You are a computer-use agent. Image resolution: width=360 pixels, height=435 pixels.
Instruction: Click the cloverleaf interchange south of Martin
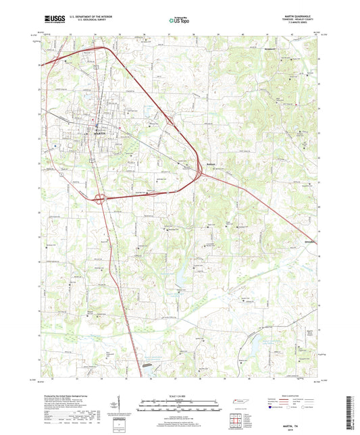pyautogui.click(x=100, y=199)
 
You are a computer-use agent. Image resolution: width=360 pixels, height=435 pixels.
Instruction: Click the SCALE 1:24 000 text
pyautogui.click(x=178, y=396)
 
